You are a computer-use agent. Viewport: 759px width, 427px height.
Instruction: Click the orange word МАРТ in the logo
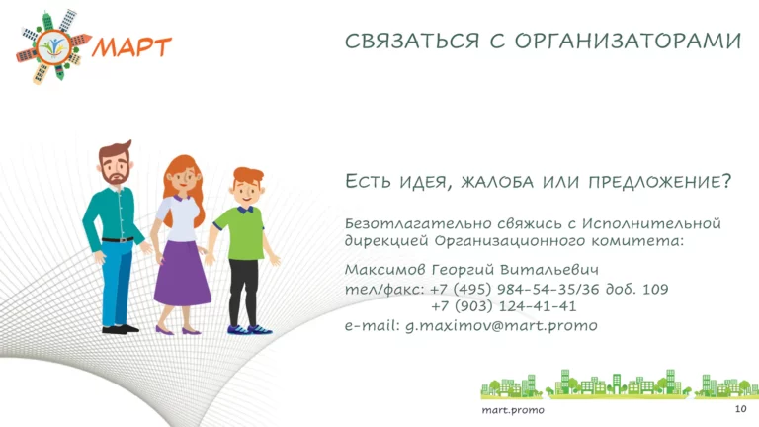coord(131,47)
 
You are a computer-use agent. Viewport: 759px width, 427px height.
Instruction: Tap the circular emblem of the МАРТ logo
coord(53,47)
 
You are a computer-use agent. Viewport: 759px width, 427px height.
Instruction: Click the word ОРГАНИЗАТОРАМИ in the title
coord(628,42)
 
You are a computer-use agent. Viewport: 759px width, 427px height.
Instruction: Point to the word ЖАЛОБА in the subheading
coord(497,182)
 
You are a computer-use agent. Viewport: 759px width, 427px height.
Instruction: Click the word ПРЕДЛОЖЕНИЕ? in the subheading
coord(660,182)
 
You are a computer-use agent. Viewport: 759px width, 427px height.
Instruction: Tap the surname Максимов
coord(385,269)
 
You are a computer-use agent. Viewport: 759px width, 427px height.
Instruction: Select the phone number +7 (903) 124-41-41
coord(503,306)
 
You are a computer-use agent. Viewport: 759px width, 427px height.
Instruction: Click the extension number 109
coord(655,289)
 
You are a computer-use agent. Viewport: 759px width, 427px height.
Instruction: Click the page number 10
coord(740,409)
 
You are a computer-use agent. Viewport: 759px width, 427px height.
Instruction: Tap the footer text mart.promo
coord(513,410)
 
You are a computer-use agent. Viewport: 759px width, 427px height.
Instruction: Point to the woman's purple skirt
coord(182,274)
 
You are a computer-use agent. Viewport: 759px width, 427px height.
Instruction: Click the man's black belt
coord(118,239)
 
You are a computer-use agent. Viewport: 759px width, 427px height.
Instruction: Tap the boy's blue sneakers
coord(250,330)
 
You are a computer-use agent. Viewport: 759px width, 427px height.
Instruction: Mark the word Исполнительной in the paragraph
coord(651,223)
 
